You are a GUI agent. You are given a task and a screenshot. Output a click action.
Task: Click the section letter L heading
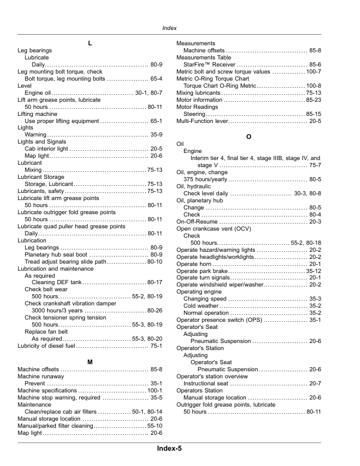click(x=89, y=44)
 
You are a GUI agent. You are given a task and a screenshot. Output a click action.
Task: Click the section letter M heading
click(x=89, y=361)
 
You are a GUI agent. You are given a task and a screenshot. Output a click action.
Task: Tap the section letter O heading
click(x=249, y=137)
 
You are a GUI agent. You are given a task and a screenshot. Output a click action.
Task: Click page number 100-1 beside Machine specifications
click(x=154, y=391)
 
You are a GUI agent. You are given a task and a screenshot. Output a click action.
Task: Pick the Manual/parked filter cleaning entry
click(x=56, y=425)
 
